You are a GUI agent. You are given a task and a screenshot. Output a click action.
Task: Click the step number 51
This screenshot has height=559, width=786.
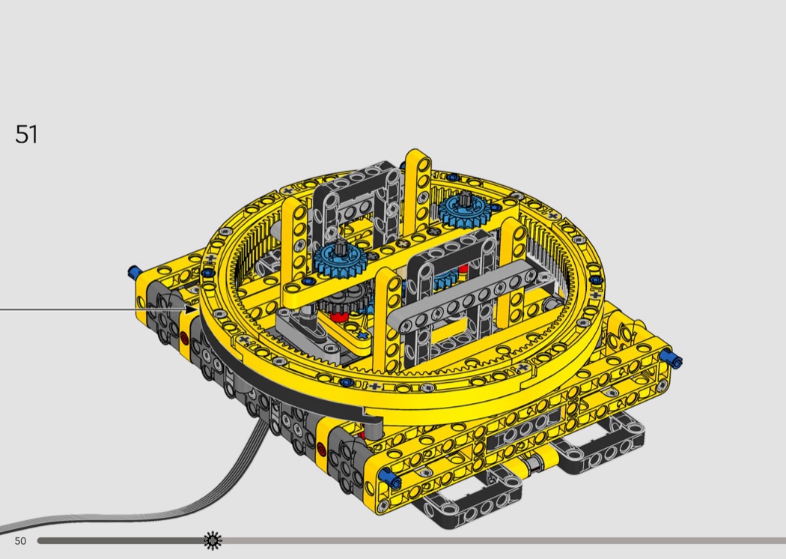26,134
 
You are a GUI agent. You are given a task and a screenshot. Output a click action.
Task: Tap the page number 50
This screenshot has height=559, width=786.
20,541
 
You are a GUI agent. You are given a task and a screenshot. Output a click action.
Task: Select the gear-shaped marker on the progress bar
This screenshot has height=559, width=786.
213,540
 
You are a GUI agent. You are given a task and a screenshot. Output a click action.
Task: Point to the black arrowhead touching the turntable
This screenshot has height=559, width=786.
192,309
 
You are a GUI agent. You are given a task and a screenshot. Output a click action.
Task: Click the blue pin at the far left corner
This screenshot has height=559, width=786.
135,273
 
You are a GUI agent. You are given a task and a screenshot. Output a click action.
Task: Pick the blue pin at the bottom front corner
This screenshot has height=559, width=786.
389,478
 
